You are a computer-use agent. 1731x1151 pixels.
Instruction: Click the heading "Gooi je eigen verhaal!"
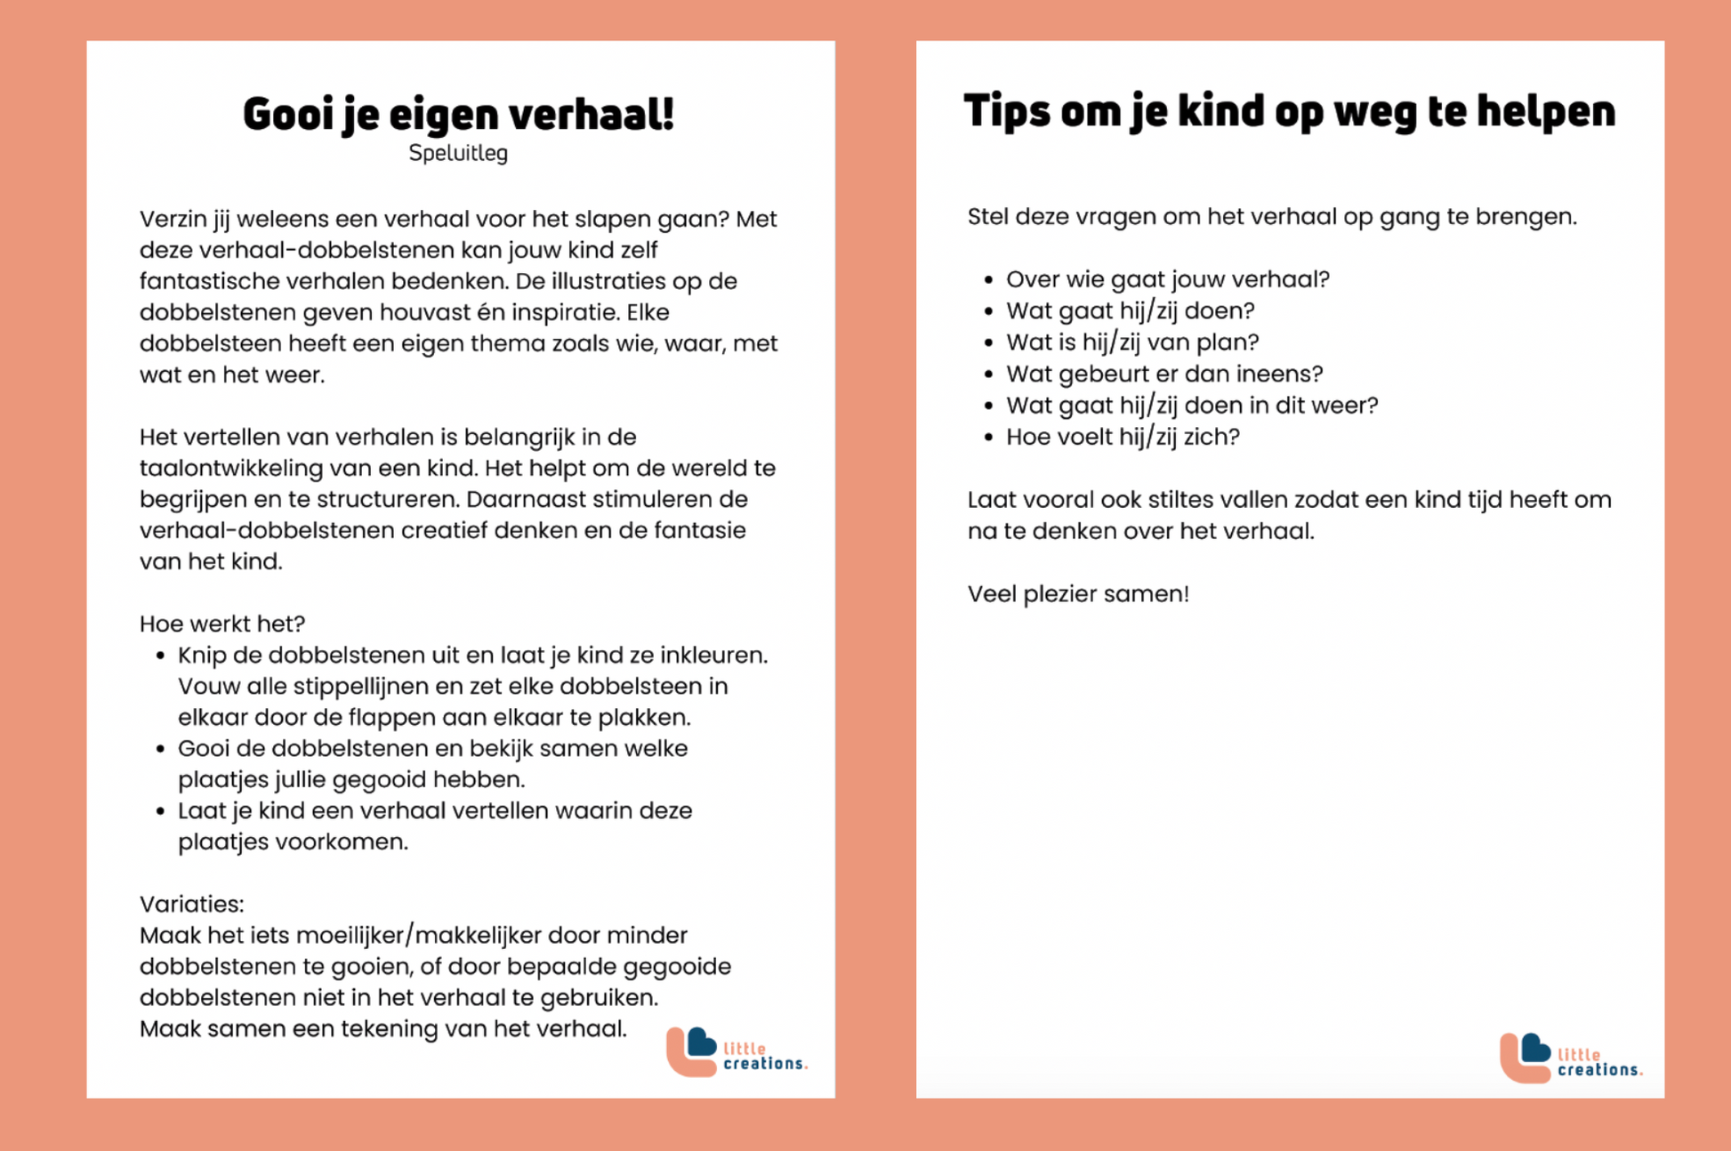click(458, 115)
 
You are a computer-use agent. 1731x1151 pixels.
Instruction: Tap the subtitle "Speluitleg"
click(458, 153)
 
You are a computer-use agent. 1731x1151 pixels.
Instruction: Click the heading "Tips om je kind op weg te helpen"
click(1289, 111)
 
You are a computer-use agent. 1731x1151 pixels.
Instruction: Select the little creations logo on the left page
click(737, 1052)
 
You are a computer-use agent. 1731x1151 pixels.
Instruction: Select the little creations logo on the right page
click(1570, 1058)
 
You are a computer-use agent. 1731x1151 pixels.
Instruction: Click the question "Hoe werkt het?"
click(222, 624)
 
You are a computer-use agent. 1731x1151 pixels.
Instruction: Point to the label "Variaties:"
click(191, 904)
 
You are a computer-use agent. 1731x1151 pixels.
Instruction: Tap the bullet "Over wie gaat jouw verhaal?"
click(1167, 279)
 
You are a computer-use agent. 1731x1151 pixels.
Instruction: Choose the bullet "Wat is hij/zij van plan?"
click(1131, 342)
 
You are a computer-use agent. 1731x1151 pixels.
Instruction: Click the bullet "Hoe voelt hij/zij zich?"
click(1122, 437)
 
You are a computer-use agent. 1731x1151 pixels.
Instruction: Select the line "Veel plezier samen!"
click(1077, 593)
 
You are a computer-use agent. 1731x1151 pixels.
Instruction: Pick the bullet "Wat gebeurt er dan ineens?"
click(1163, 374)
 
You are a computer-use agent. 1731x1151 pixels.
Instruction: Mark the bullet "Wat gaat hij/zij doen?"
click(1130, 310)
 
